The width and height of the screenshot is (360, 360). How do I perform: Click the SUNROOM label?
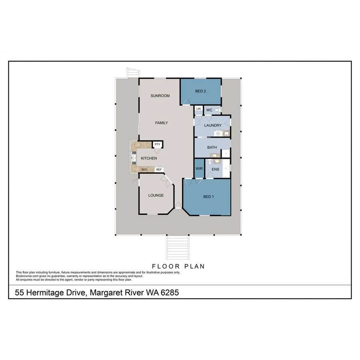(x=160, y=96)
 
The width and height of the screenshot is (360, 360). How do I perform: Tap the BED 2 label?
(x=200, y=91)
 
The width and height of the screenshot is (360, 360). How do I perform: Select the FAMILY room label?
(x=161, y=123)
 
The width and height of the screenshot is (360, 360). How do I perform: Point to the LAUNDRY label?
(x=212, y=126)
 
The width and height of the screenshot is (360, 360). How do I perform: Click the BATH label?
(x=212, y=148)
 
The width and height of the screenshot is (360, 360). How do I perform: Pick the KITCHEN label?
(x=149, y=159)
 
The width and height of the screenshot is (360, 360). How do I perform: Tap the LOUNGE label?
(x=156, y=195)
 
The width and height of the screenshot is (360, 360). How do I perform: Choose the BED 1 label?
(x=209, y=196)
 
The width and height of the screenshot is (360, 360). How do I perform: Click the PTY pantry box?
(x=157, y=144)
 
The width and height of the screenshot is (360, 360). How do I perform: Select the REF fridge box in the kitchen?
(x=159, y=170)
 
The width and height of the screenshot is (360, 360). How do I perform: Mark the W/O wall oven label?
(x=144, y=170)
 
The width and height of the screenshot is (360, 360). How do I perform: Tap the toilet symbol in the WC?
(x=217, y=109)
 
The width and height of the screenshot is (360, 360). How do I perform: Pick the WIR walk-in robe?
(x=199, y=169)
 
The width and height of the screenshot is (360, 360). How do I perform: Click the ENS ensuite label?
(x=215, y=169)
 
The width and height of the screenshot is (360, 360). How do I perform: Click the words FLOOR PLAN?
(x=179, y=266)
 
